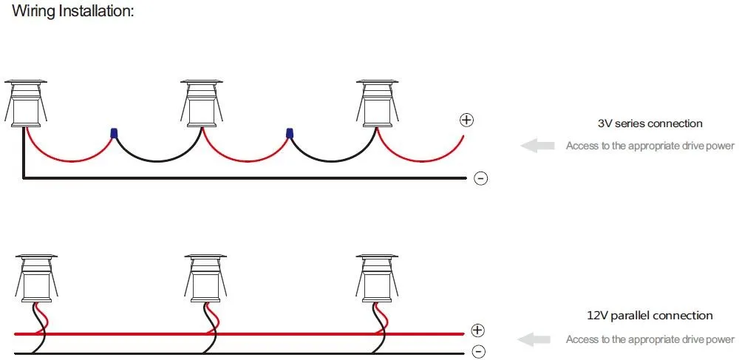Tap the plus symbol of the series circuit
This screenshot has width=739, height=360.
(466, 120)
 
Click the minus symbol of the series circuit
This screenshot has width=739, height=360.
(480, 179)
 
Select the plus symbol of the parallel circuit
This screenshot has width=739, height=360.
(478, 330)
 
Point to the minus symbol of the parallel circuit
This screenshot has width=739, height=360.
(478, 352)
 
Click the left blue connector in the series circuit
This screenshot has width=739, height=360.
(114, 133)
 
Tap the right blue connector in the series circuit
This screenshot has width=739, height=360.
(290, 133)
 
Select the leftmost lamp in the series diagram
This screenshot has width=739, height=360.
(26, 103)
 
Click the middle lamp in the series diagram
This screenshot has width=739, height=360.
(202, 103)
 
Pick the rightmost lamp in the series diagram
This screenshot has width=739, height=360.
(378, 103)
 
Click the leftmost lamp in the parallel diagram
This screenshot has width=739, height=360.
(37, 279)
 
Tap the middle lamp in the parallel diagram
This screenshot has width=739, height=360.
(206, 279)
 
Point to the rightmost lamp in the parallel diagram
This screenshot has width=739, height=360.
(378, 279)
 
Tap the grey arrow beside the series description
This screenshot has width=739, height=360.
(537, 146)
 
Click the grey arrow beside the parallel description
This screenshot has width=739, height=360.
(534, 339)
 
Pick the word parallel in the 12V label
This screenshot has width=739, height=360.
(630, 316)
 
